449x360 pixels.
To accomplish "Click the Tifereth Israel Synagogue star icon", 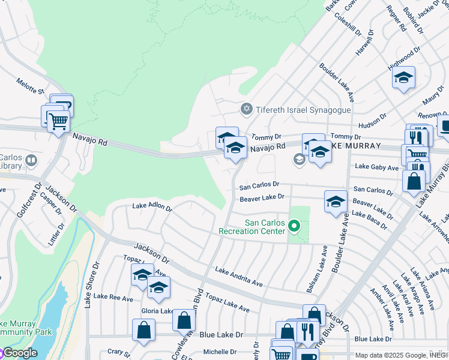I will coord(246,109).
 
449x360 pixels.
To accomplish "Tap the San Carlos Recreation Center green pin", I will coord(294,226).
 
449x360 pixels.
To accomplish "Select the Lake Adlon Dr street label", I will coord(152,208).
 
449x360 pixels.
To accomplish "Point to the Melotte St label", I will coord(31,86).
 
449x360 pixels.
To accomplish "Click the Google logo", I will coord(20,353).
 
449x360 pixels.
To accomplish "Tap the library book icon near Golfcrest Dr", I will coord(30,161).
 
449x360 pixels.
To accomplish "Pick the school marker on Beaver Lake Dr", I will coord(336,202).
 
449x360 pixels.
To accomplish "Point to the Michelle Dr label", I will coord(221,352).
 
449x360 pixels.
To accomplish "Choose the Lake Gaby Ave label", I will coord(376,167).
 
